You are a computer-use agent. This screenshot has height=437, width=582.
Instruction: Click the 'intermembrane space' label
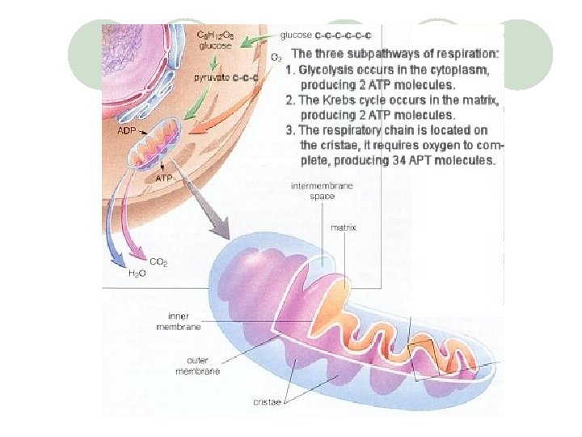[x=317, y=192]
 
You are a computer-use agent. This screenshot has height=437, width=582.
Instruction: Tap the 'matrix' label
[x=344, y=227]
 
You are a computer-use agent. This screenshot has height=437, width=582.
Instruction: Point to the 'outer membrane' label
[x=197, y=366]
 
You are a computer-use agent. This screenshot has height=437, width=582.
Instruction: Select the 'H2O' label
[x=137, y=274]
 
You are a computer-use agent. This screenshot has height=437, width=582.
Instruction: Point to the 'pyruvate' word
[x=211, y=78]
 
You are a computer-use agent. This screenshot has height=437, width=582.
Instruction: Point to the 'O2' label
[x=276, y=57]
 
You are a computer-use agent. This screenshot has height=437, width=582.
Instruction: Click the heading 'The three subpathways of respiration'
[x=395, y=54]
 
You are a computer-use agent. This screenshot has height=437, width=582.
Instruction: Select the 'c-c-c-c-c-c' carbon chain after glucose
[x=343, y=35]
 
